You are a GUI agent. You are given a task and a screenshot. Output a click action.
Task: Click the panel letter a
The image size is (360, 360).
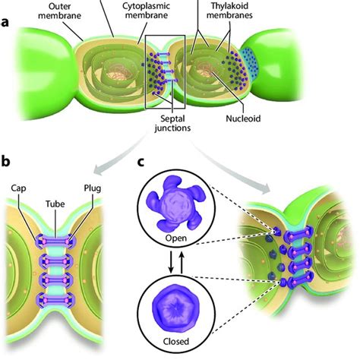coord(5,22)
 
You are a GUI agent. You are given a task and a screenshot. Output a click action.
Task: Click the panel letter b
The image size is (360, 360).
coord(5,161)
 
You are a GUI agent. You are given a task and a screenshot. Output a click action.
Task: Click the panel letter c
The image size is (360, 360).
coord(141,163)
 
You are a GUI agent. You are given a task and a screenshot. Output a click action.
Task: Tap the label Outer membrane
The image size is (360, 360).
coord(60,11)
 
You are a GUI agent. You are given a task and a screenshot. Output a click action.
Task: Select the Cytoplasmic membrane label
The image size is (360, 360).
coord(147,11)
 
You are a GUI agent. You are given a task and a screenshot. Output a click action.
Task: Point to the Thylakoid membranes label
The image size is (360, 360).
coord(229,11)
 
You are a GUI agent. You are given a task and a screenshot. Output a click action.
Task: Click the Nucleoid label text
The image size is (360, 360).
coord(243,118)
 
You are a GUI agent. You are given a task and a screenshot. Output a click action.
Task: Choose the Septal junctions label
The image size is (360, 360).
coord(172,123)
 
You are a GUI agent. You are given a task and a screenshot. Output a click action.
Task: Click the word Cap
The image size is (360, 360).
coord(18,188)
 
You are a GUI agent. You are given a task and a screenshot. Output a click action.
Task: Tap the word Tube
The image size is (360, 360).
coord(55,204)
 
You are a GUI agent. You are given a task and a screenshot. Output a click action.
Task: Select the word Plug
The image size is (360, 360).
coord(93,188)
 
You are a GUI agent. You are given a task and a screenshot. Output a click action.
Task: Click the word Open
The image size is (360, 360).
coord(176,238)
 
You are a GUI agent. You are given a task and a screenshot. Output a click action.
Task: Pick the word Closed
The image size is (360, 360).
coord(176,342)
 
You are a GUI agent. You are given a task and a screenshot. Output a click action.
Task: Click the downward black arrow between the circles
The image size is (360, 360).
coord(171,262)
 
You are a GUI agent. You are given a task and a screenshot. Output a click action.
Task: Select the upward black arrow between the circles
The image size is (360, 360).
coord(182,263)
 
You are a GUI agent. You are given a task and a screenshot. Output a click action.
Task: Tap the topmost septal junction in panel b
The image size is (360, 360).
coord(55,241)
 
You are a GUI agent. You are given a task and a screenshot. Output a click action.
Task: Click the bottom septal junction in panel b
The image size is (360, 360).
coord(55,300)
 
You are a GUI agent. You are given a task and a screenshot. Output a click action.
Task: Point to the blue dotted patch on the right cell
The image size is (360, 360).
coord(248,62)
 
